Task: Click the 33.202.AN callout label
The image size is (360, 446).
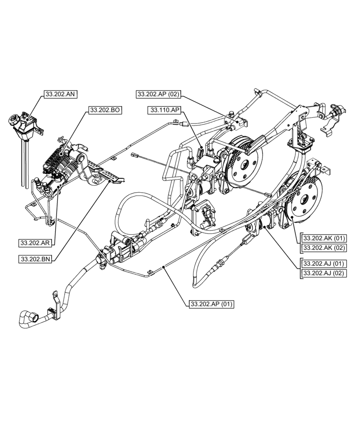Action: tap(61, 94)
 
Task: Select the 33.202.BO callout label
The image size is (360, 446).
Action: tap(106, 109)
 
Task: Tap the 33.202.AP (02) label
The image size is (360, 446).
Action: tap(158, 94)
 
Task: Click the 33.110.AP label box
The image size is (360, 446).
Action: tap(164, 110)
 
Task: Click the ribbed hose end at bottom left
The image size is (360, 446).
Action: tap(26, 320)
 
